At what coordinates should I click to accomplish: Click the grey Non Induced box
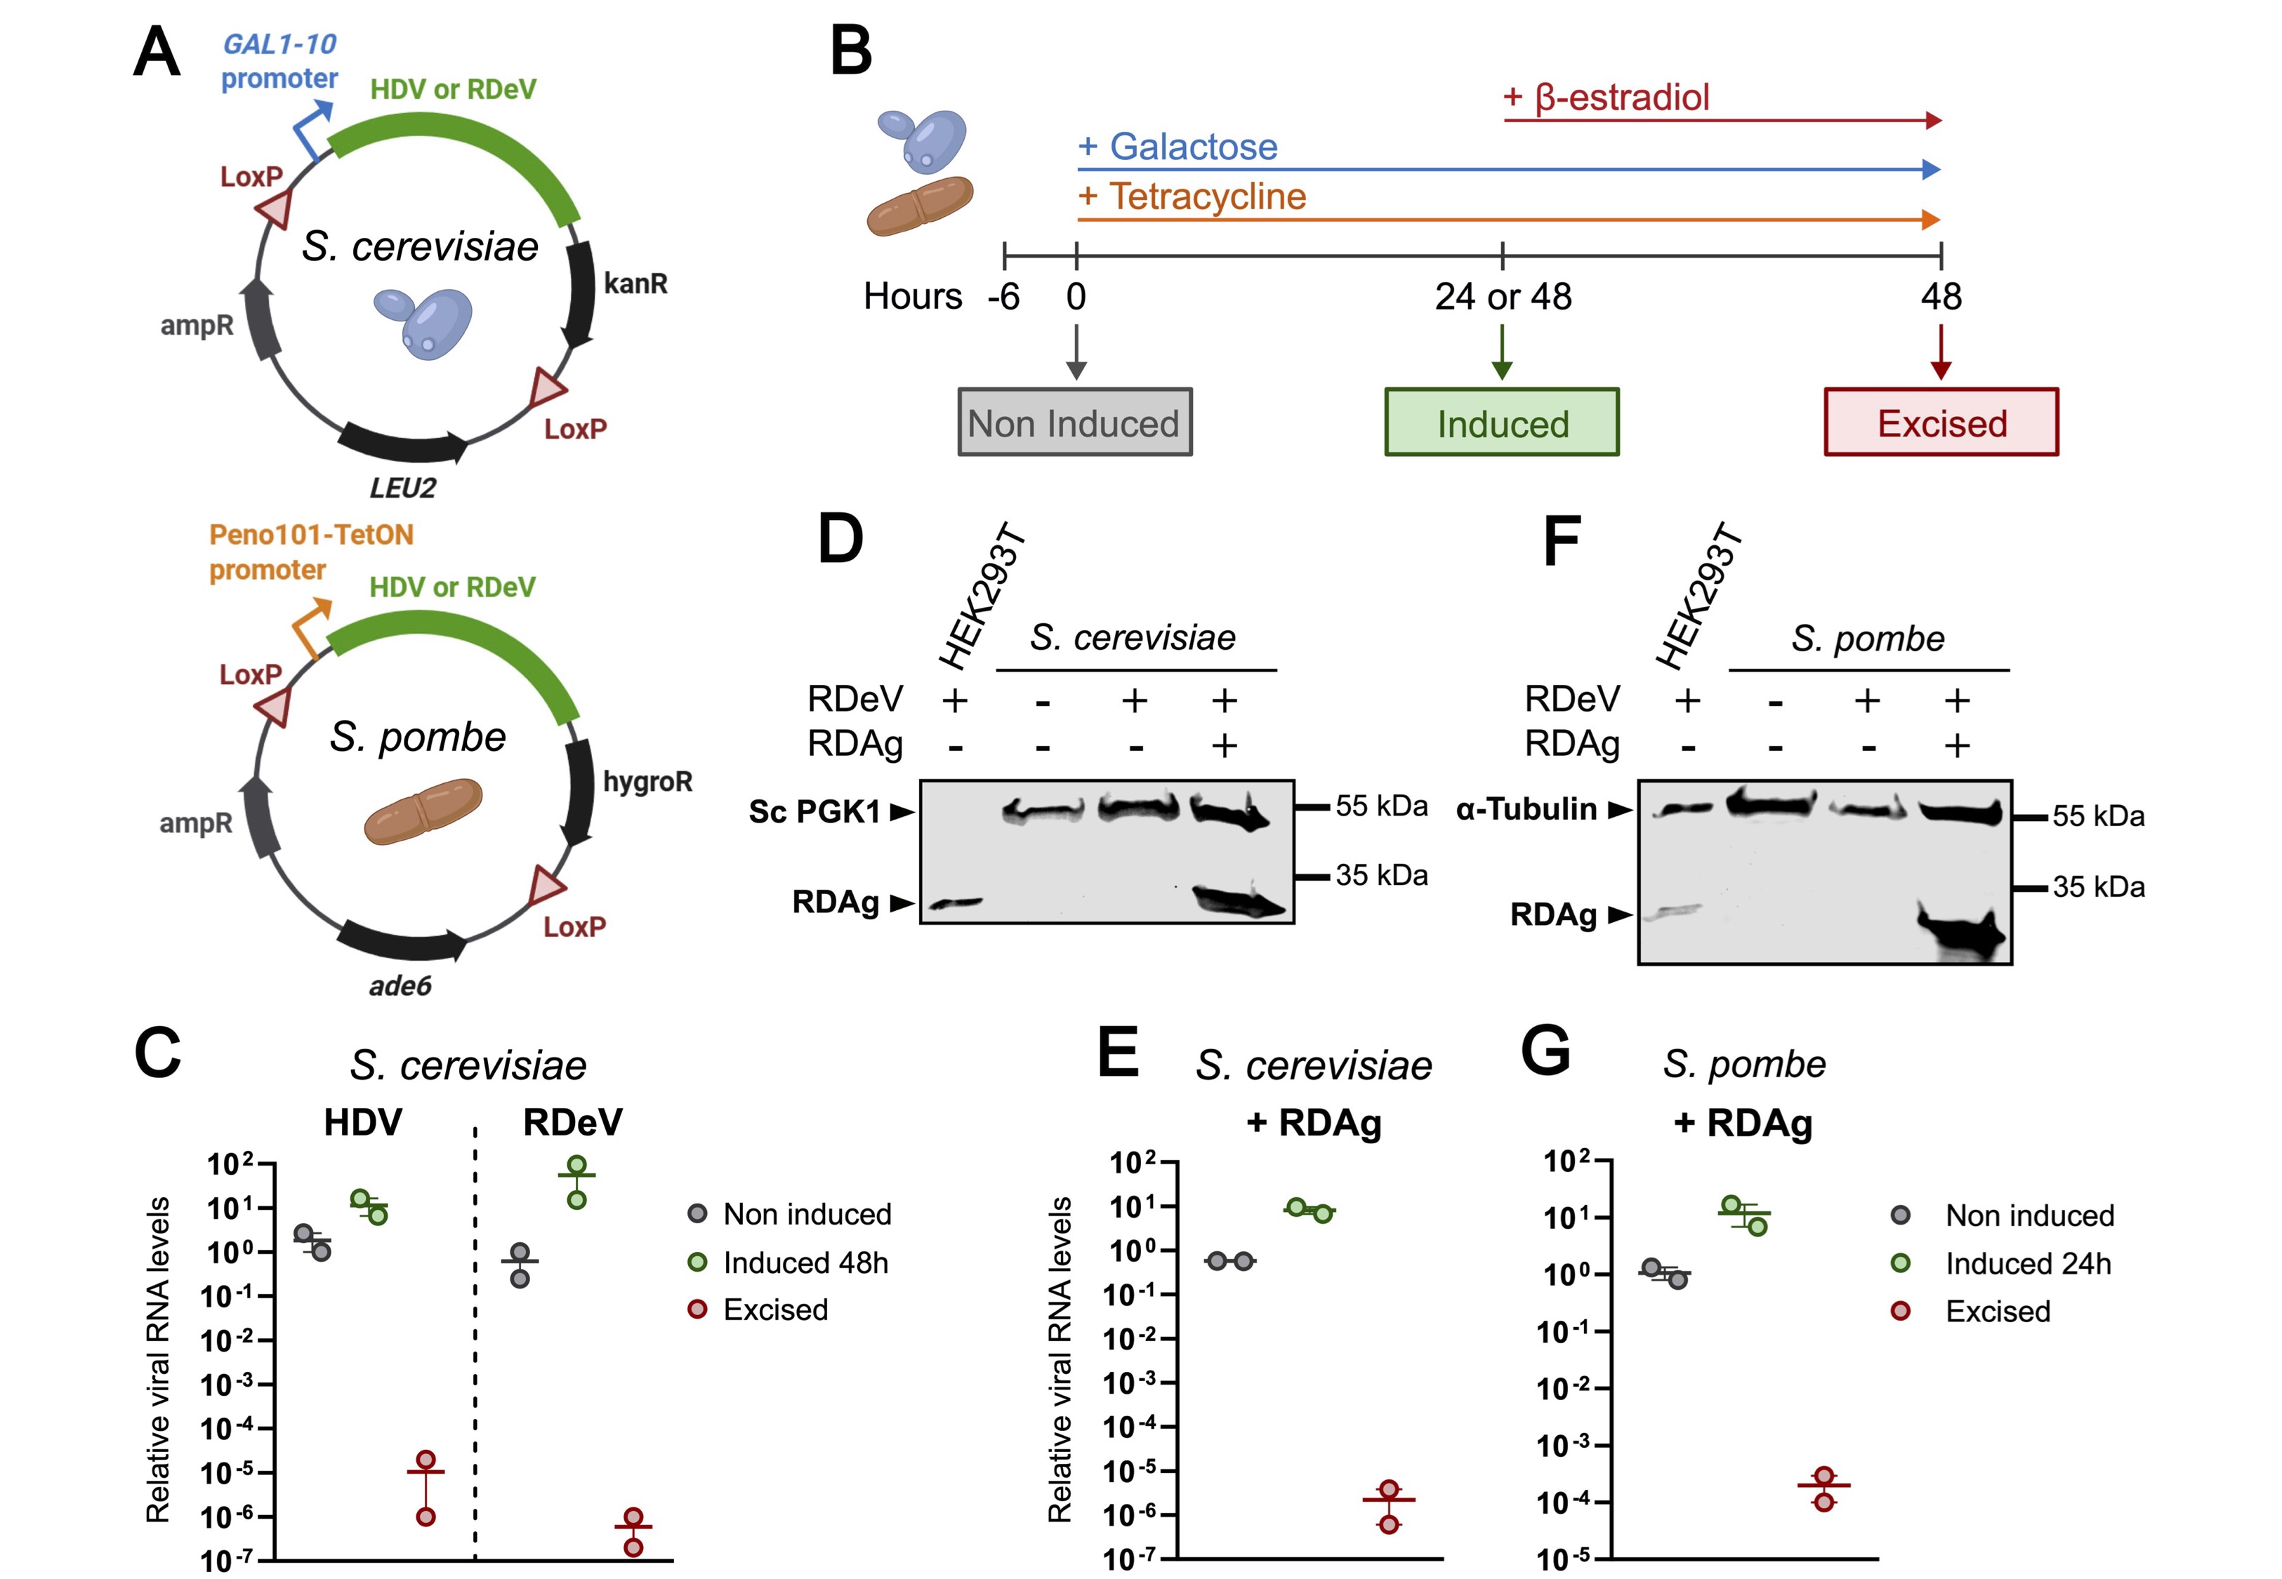click(x=1075, y=422)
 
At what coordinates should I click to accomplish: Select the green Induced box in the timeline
click(x=1501, y=422)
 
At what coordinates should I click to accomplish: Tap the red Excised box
click(x=1941, y=422)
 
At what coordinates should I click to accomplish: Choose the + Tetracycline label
click(x=1192, y=196)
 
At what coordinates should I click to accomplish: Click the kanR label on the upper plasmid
click(x=635, y=284)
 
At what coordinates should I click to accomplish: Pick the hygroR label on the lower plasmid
click(x=647, y=782)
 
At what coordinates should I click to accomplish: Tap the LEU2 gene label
click(x=403, y=488)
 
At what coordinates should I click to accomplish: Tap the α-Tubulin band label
click(x=1526, y=809)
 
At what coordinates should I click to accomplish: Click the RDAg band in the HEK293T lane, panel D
click(x=957, y=902)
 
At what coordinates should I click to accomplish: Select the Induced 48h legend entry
click(x=805, y=1262)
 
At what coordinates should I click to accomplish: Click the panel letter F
click(x=1562, y=542)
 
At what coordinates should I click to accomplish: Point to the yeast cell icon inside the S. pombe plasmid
click(x=423, y=811)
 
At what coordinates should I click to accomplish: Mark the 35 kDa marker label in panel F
click(x=2098, y=886)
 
